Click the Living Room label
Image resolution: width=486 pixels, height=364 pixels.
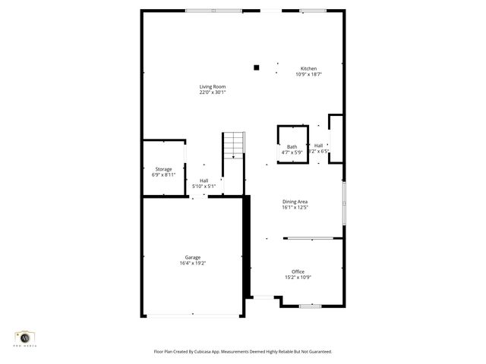point(213,86)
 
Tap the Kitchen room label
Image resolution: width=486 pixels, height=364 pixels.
point(308,69)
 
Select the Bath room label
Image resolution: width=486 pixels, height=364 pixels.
point(292,147)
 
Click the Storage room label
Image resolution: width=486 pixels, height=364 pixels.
point(164,169)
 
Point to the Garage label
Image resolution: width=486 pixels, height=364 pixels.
point(193,257)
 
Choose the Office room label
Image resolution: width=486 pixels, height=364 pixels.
point(298,271)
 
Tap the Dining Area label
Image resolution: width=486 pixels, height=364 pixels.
point(295,201)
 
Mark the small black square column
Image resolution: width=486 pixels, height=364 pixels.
point(257,67)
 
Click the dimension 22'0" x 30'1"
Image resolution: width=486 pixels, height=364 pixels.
point(213,93)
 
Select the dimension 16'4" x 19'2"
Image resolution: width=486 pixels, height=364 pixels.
point(193,263)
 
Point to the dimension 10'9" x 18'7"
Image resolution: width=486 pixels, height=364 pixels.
point(309,74)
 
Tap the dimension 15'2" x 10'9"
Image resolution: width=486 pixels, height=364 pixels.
point(298,278)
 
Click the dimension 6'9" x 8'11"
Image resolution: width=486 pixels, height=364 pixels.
point(164,174)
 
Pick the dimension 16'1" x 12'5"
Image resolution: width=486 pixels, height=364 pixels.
point(295,207)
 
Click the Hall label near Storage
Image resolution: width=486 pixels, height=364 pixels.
point(204,180)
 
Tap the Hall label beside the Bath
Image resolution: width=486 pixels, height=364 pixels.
point(318,146)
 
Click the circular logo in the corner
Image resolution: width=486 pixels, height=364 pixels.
point(25,336)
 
